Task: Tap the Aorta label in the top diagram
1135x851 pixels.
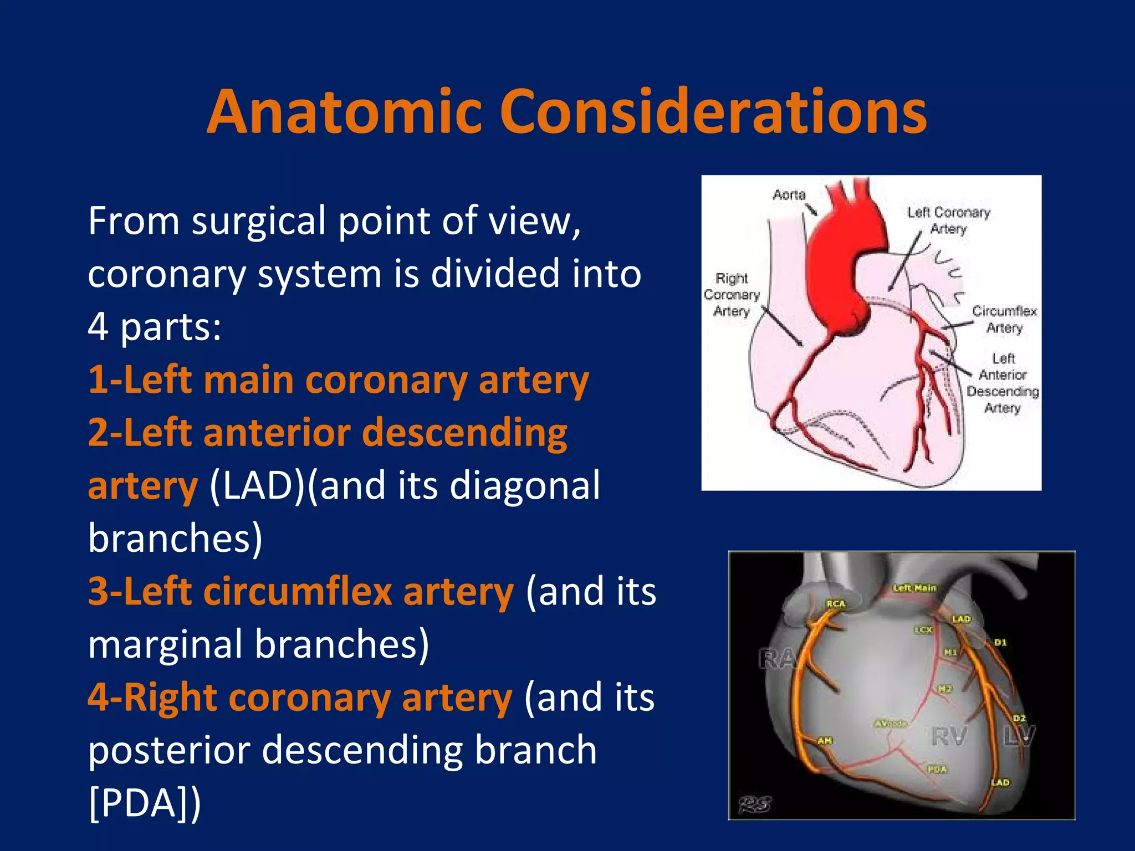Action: coord(789,195)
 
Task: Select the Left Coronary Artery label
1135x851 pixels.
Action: coord(948,220)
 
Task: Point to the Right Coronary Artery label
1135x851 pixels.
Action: coord(732,295)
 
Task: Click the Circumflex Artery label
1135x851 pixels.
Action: coord(1004,319)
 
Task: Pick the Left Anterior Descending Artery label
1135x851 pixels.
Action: coord(1003,383)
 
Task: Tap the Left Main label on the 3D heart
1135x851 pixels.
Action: coord(914,588)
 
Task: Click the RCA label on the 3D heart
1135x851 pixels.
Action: coord(836,604)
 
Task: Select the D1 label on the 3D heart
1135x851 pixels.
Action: coord(1000,643)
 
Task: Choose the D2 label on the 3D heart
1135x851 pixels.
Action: coord(1020,718)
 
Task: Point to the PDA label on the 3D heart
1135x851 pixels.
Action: coord(937,770)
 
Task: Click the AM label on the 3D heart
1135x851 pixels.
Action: coord(825,741)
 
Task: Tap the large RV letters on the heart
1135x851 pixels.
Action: coord(949,737)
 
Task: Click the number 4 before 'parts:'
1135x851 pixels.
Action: coord(98,327)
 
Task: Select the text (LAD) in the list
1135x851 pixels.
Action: coord(257,486)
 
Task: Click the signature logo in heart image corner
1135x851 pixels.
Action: coord(754,804)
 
